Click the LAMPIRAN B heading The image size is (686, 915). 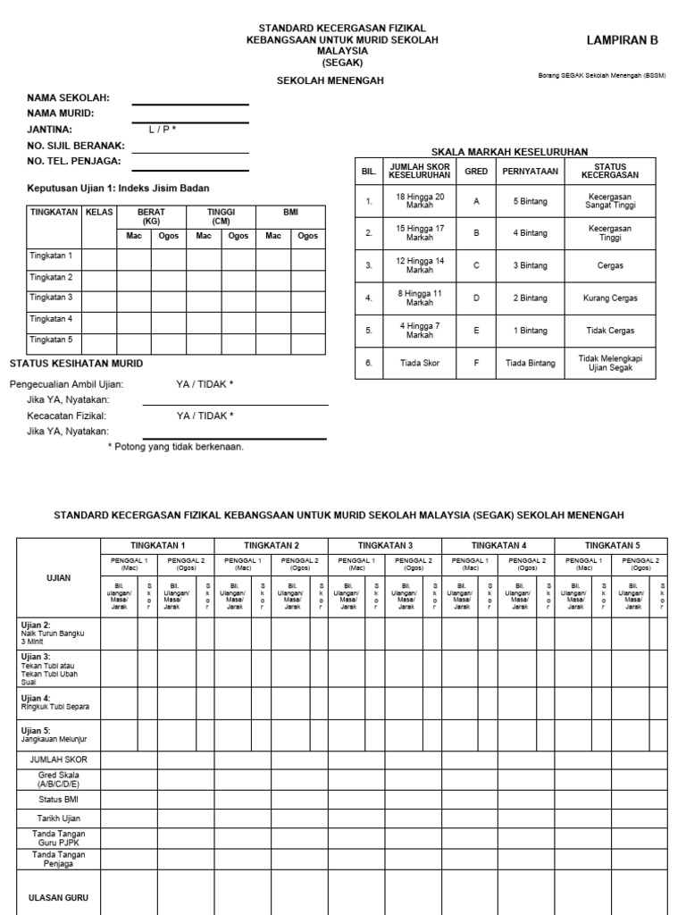tap(622, 40)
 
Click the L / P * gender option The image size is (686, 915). tap(163, 130)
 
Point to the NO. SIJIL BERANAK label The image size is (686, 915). tap(76, 146)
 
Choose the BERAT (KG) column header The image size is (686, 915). tap(151, 216)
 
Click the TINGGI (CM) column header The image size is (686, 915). tap(221, 216)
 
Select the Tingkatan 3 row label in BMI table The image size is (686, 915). tap(51, 298)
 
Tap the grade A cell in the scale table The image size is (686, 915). tap(476, 202)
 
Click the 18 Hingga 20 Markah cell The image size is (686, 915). tap(420, 202)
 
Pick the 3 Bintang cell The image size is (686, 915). tap(530, 266)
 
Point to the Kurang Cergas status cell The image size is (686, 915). tap(610, 298)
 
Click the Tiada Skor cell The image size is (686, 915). tap(420, 363)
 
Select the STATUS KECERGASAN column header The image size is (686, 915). tap(610, 171)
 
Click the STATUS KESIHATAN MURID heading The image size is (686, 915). tap(76, 364)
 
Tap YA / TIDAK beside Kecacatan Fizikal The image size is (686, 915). tap(205, 416)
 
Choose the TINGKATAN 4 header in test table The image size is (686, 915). tap(498, 545)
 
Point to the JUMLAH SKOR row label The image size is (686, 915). tap(58, 760)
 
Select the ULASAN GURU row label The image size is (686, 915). tap(58, 898)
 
